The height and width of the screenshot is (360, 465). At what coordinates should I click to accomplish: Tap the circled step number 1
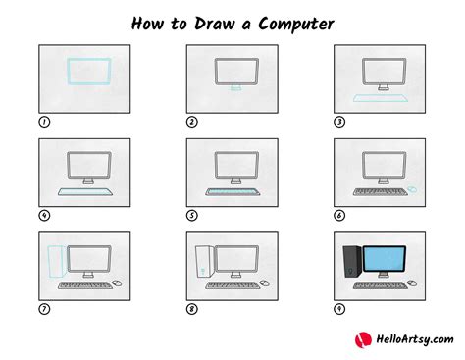tap(43, 122)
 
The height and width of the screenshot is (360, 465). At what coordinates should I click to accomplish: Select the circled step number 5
tap(192, 215)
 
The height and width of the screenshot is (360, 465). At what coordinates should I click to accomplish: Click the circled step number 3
tap(339, 122)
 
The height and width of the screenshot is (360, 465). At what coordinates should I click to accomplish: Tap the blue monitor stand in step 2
tap(232, 89)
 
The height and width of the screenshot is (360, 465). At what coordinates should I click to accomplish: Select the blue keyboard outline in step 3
tap(380, 97)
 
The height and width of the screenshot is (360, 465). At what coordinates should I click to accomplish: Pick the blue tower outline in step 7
tap(54, 262)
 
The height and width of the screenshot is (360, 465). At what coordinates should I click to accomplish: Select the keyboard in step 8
tap(232, 284)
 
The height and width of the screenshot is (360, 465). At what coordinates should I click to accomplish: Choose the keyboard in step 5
tap(232, 190)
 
